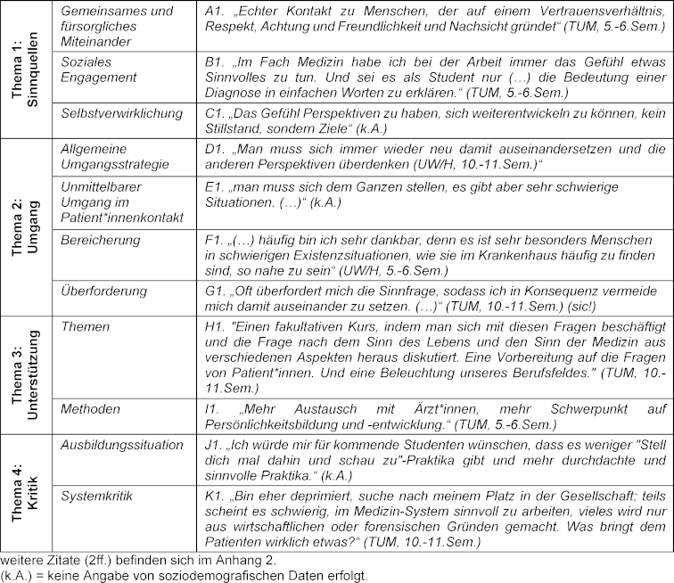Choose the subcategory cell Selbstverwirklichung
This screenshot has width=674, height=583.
[x=122, y=114]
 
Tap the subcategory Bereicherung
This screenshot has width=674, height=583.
[x=100, y=241]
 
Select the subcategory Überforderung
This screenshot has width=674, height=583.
[x=103, y=291]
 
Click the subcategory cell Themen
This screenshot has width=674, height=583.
[x=85, y=327]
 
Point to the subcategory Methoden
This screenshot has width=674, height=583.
[x=90, y=409]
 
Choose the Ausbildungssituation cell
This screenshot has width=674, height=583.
[x=122, y=445]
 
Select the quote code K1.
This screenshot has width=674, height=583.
[x=214, y=493]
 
